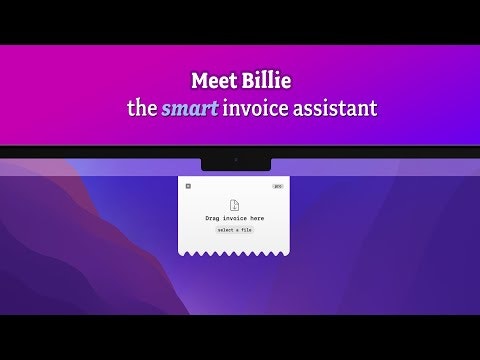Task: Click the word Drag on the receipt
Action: [x=214, y=217]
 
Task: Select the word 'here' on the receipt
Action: [x=256, y=217]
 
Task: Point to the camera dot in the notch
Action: [x=235, y=160]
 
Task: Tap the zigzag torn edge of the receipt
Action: [x=235, y=254]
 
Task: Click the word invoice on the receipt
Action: [x=235, y=217]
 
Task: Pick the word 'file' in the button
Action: [x=246, y=230]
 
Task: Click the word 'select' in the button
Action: [x=227, y=230]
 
